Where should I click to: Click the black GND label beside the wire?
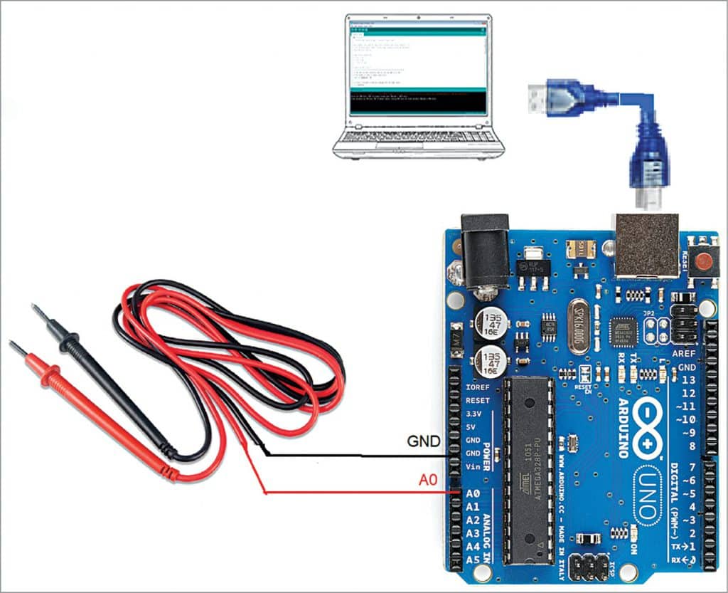click(423, 441)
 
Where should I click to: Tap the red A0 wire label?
click(427, 481)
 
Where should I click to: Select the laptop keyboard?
click(418, 136)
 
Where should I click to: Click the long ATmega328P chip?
click(528, 470)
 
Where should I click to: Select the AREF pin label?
click(683, 354)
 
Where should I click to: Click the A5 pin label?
click(473, 560)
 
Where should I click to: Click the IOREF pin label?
click(476, 387)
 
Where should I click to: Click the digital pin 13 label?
click(688, 380)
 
